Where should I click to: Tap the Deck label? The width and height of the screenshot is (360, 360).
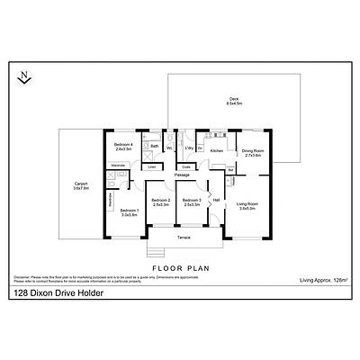233,101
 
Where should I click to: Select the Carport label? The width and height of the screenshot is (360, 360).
80,186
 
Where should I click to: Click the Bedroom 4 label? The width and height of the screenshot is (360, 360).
123,146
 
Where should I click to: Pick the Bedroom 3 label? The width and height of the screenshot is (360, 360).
191,202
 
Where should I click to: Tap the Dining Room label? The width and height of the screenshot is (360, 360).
253,152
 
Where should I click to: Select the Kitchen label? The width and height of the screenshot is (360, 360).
216,151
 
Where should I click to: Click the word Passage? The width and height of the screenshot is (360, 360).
182,175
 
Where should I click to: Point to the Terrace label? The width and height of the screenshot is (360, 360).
184,238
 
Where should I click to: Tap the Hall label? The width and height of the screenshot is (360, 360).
216,200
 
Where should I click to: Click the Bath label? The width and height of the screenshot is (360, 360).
155,147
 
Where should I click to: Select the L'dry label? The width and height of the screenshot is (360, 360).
190,147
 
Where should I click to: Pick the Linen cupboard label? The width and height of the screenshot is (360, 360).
152,166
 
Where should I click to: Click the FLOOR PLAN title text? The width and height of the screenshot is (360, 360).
179,268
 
